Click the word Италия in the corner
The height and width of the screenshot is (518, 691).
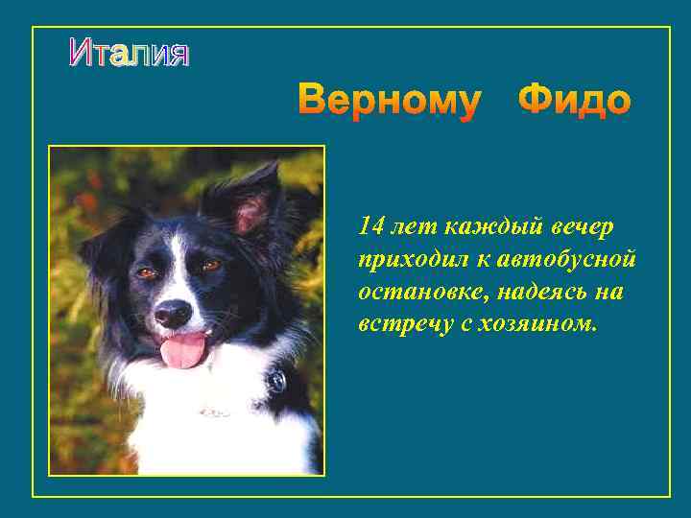(129, 54)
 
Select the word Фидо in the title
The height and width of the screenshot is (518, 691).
(574, 101)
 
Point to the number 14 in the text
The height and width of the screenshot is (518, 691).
(370, 226)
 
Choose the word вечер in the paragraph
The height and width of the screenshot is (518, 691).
(584, 227)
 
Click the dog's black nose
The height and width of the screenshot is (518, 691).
(173, 313)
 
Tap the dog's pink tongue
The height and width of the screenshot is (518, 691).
(183, 352)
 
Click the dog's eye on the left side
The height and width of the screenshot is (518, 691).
(146, 273)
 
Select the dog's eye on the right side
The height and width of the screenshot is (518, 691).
(210, 265)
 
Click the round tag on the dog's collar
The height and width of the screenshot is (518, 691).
(276, 382)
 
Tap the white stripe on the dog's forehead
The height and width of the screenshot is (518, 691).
(178, 254)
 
